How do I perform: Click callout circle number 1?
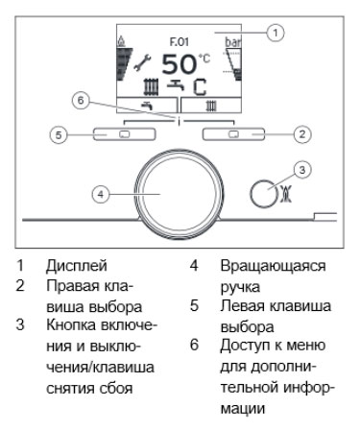point(276,33)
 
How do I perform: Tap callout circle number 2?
point(302,134)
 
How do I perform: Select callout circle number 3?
point(302,170)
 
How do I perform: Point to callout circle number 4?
point(101,194)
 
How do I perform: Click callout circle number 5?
point(59,134)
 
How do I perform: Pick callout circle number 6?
point(81,101)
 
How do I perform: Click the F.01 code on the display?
point(180,42)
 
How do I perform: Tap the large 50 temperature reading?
point(179,65)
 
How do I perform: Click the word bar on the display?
point(233,42)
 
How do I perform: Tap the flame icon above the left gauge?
point(121,41)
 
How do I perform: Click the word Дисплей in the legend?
point(77,266)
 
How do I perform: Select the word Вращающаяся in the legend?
point(273,266)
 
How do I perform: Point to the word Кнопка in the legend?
point(71,325)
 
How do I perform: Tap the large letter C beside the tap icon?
point(200,86)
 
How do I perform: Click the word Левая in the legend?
point(242,305)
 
